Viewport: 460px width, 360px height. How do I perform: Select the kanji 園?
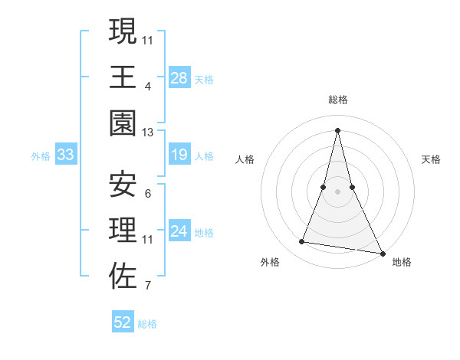point(123,123)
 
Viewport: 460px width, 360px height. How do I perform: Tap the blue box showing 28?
point(179,77)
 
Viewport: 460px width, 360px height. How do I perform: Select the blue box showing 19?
point(179,155)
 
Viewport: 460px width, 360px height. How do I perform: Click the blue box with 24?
point(179,231)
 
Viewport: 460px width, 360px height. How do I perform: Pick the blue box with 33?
point(66,155)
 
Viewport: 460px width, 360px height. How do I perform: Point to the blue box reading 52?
point(123,322)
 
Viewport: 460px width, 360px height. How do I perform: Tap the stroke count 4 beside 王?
point(147,86)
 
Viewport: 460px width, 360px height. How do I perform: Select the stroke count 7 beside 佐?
point(147,286)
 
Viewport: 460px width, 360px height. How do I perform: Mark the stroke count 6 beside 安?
point(147,193)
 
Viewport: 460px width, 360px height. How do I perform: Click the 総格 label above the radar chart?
point(337,100)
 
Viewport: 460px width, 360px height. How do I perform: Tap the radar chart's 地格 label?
point(402,262)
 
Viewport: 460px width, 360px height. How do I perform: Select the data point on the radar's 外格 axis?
point(302,242)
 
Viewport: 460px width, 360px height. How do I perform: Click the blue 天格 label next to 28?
point(204,79)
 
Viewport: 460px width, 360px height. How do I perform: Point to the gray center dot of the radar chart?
point(337,191)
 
